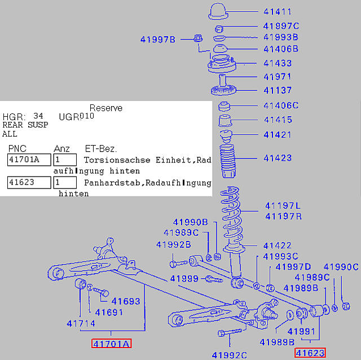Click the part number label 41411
click(x=278, y=11)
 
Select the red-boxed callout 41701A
click(x=112, y=344)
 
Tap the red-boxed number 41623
click(x=310, y=353)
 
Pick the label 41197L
click(x=283, y=206)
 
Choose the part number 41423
click(x=278, y=159)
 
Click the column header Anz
click(x=61, y=148)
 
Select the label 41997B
click(x=158, y=39)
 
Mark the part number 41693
click(x=125, y=301)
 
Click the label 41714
click(x=81, y=324)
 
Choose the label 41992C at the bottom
click(x=230, y=355)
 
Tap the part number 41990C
click(x=341, y=267)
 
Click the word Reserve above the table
click(x=106, y=108)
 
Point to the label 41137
click(x=278, y=90)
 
